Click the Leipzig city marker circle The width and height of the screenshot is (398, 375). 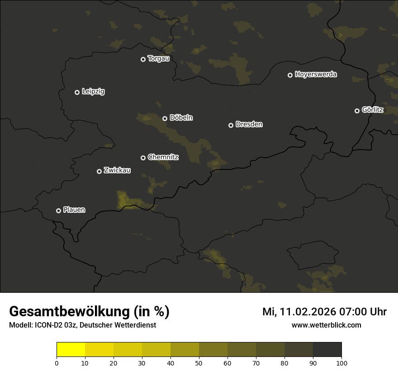(77, 92)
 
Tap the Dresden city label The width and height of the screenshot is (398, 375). (249, 124)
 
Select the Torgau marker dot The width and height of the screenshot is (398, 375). (143, 59)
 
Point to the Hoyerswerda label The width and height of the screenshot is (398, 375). (316, 74)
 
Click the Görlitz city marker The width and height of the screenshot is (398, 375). (357, 111)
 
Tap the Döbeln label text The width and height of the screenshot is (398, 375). (181, 117)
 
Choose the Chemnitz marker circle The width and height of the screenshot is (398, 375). (143, 158)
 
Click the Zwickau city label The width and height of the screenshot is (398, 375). (117, 170)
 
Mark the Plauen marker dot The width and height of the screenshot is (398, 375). (59, 211)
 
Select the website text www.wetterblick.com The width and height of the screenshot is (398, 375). (326, 325)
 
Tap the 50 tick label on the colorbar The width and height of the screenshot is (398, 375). (199, 363)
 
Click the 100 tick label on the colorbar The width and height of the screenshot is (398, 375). (341, 363)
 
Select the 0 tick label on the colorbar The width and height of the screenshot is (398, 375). (57, 363)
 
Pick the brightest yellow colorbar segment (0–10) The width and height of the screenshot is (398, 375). (71, 350)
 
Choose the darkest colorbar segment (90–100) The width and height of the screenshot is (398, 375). (327, 350)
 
